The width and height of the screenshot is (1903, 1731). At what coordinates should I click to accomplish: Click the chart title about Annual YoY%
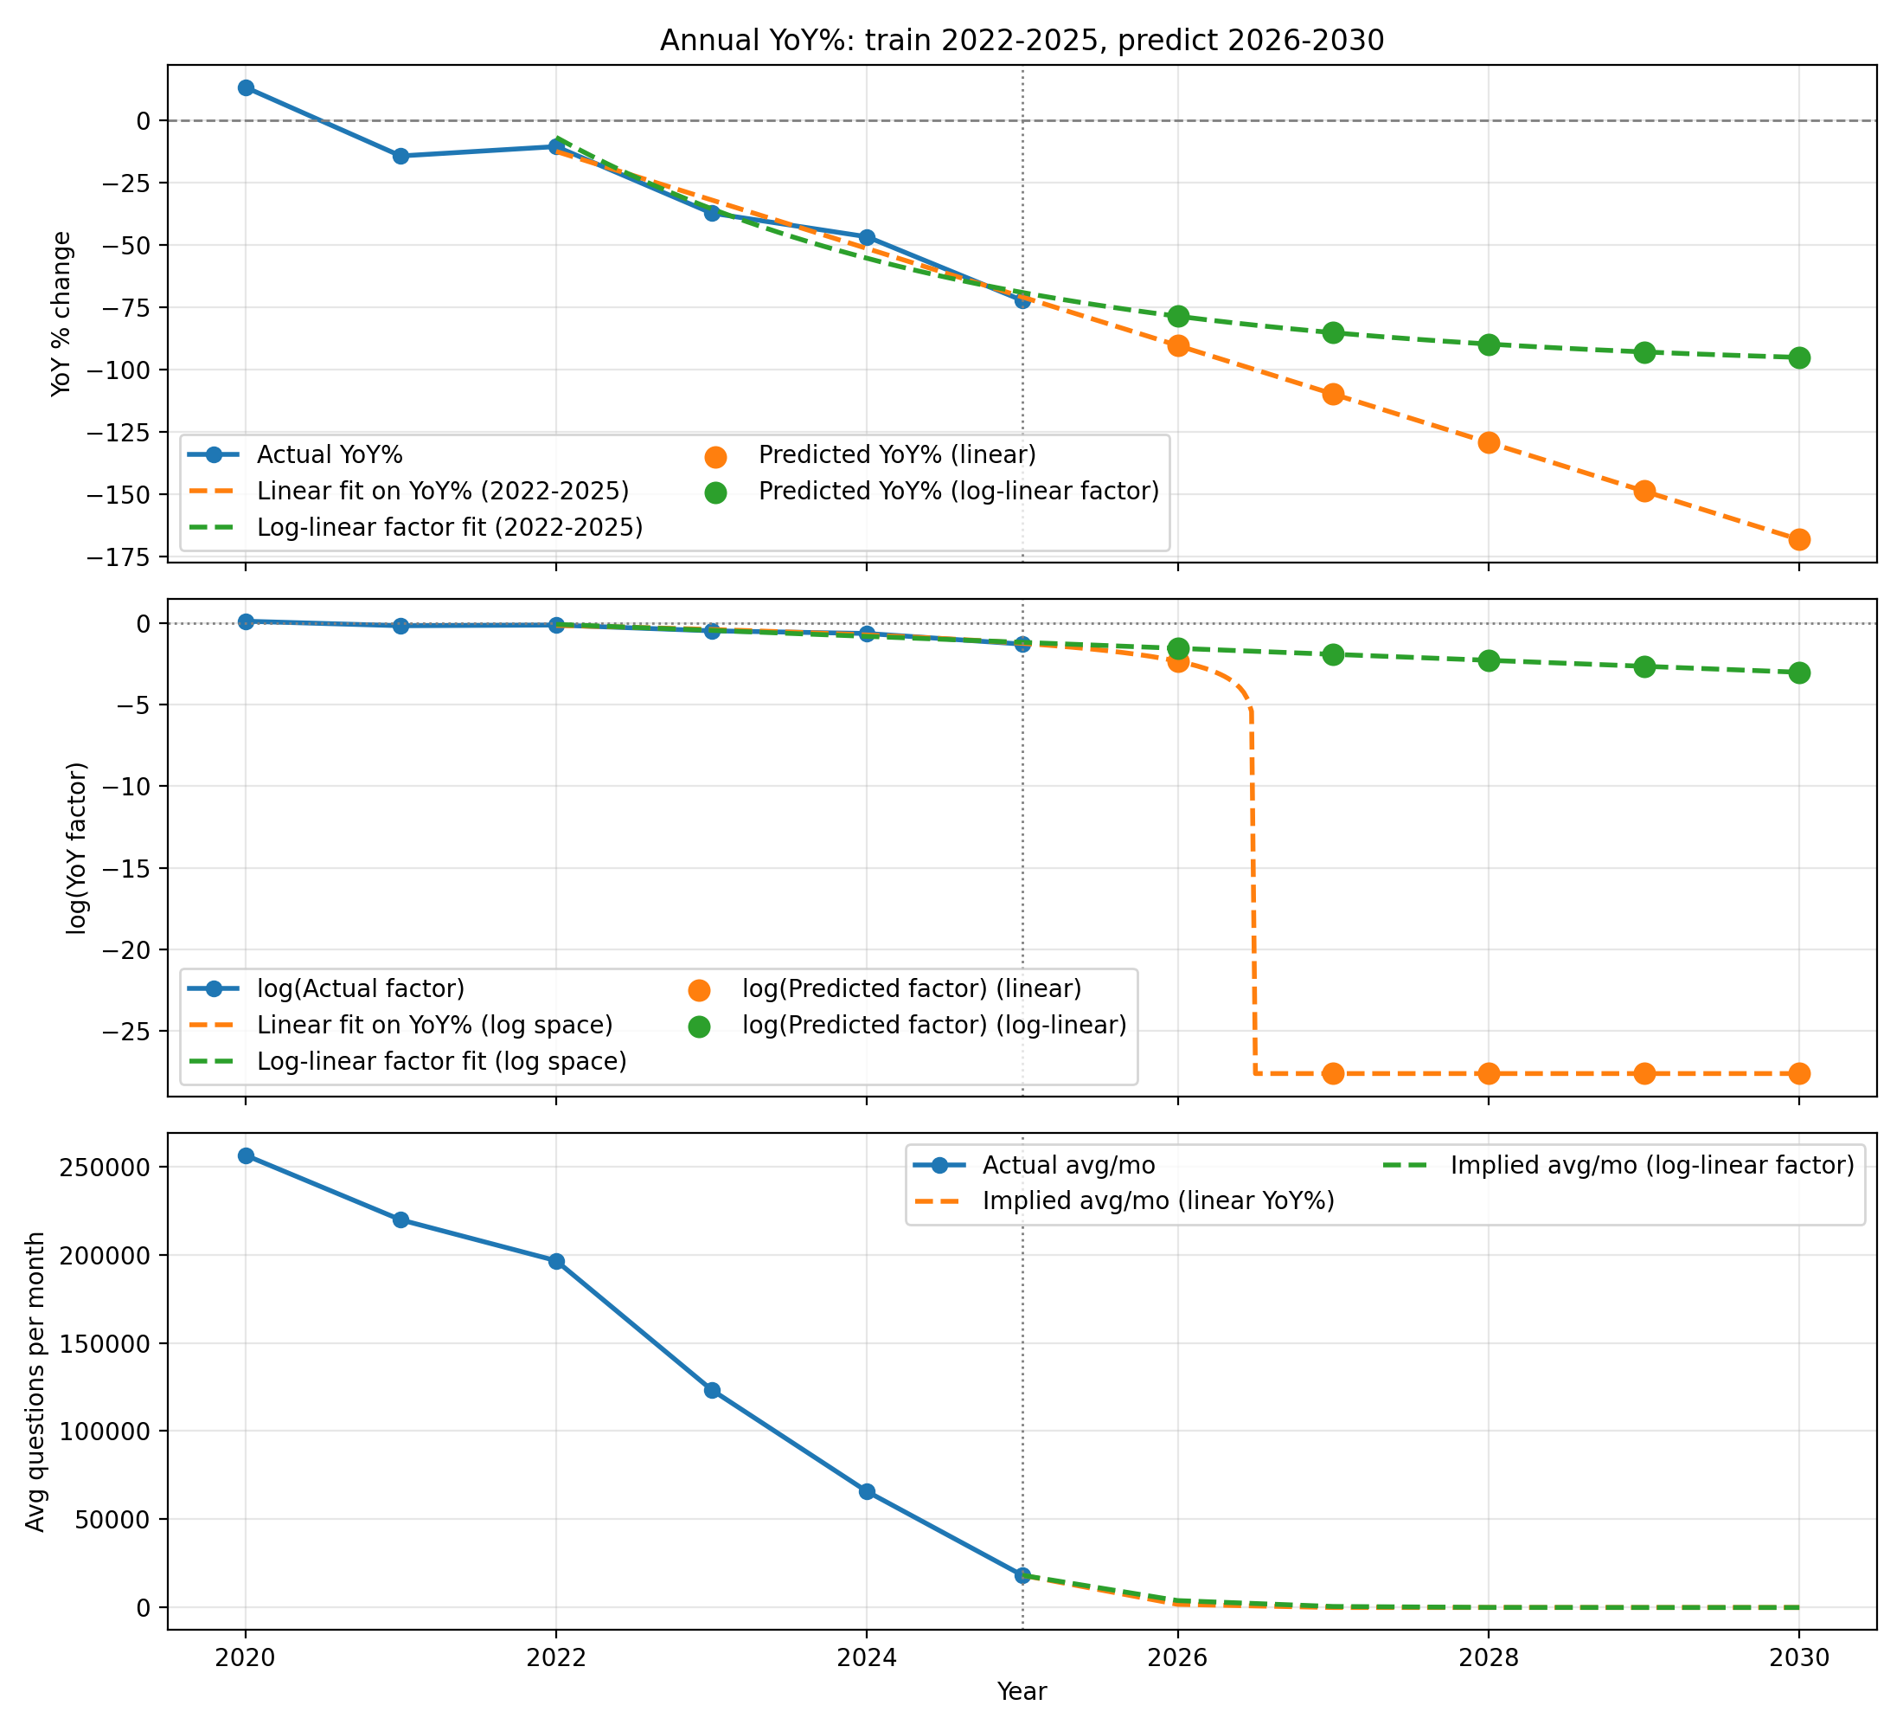[1022, 41]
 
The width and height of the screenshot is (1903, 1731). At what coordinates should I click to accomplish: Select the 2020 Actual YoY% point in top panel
[246, 87]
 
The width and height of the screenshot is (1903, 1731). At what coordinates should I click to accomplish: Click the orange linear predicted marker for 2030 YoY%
[1799, 539]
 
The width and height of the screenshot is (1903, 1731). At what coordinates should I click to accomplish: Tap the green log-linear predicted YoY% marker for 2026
[1178, 317]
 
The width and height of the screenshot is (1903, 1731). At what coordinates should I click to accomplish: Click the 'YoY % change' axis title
[62, 313]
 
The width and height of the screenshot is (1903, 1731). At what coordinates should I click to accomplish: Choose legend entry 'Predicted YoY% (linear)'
[897, 455]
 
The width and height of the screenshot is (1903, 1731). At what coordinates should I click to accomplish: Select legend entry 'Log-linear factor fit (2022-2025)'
[449, 527]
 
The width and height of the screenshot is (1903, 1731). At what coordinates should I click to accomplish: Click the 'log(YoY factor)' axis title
[77, 847]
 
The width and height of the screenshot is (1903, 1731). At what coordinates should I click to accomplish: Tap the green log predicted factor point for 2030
[1799, 672]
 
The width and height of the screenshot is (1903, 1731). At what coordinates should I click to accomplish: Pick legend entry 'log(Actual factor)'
[361, 988]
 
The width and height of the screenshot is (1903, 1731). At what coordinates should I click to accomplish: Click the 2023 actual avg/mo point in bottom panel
[712, 1390]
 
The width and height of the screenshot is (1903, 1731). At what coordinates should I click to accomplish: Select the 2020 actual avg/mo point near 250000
[246, 1156]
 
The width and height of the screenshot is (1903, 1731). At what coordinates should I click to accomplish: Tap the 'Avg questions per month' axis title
[35, 1381]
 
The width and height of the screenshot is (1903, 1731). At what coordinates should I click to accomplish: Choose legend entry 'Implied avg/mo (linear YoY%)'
[1158, 1200]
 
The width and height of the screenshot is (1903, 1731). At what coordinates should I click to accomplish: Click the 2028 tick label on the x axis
[1489, 1657]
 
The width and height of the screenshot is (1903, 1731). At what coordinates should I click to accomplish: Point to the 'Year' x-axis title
[1022, 1691]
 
